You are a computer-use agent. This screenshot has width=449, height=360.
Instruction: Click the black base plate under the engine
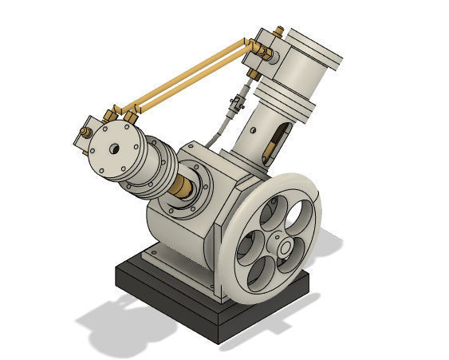[x=160, y=287]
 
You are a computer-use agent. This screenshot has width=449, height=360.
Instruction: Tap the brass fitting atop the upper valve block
[x=278, y=31]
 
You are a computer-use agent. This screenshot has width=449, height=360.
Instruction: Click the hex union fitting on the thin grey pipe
[x=234, y=104]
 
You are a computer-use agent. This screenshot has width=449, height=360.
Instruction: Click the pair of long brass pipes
[x=191, y=77]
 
